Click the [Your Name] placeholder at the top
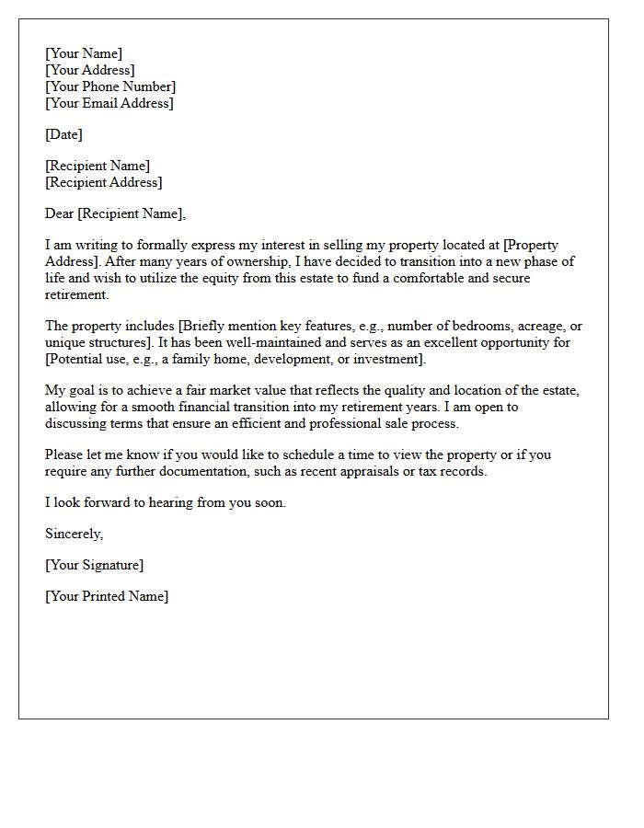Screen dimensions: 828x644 84,53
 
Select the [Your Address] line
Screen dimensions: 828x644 90,70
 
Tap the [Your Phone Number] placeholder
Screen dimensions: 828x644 110,86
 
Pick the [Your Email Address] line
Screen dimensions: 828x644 109,103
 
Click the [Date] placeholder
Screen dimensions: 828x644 63,134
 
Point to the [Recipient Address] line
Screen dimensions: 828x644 103,182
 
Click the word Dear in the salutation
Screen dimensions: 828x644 59,213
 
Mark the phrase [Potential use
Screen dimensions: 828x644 83,360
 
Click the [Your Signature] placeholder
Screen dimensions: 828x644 95,565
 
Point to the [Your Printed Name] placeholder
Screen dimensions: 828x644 107,596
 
